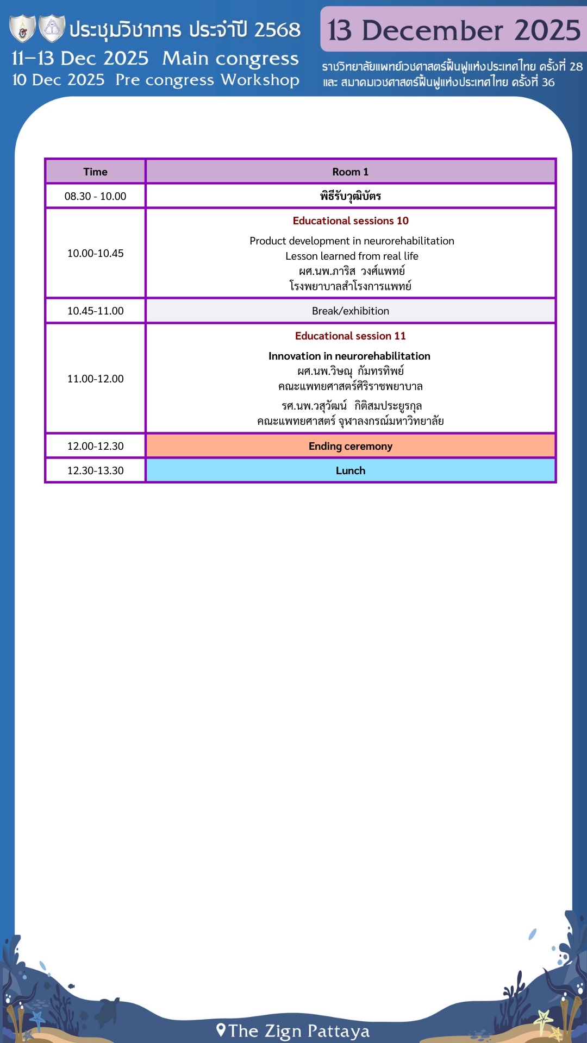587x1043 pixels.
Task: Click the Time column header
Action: (95, 172)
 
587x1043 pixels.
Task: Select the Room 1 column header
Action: (350, 172)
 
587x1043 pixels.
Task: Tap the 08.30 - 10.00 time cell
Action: (95, 196)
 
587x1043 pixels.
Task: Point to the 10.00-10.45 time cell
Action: (95, 253)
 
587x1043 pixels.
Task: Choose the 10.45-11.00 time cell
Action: (95, 311)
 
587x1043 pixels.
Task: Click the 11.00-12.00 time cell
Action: (95, 379)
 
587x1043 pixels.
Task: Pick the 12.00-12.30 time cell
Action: (95, 446)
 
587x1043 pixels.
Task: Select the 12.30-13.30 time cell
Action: (95, 470)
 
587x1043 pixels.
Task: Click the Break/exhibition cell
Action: (350, 311)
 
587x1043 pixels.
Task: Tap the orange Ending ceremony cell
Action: (350, 446)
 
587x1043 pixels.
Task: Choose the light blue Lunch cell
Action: (350, 470)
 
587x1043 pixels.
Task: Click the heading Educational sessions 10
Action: (350, 221)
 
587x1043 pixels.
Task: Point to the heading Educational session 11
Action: (350, 336)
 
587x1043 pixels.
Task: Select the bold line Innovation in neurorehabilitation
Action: (349, 356)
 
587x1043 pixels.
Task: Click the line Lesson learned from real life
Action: (352, 256)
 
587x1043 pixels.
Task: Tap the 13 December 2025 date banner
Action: (454, 30)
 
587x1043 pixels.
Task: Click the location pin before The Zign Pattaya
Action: (221, 1029)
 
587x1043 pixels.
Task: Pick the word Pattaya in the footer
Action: (338, 1031)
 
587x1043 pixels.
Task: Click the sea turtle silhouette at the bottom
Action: (109, 1011)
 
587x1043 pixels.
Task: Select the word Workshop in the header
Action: (260, 80)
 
